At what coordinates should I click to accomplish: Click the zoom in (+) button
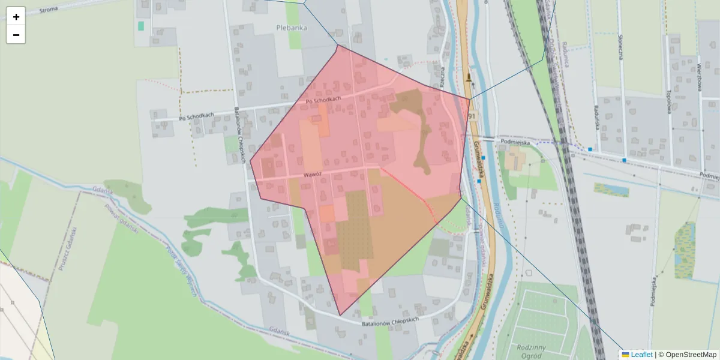click(16, 17)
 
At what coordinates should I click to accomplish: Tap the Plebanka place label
click(292, 27)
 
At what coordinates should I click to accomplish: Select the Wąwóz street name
click(313, 175)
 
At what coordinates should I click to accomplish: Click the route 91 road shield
click(472, 116)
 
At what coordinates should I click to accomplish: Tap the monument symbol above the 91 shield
click(469, 77)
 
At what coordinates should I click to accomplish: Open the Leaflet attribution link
click(641, 355)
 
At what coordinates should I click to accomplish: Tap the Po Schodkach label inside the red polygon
click(323, 100)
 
